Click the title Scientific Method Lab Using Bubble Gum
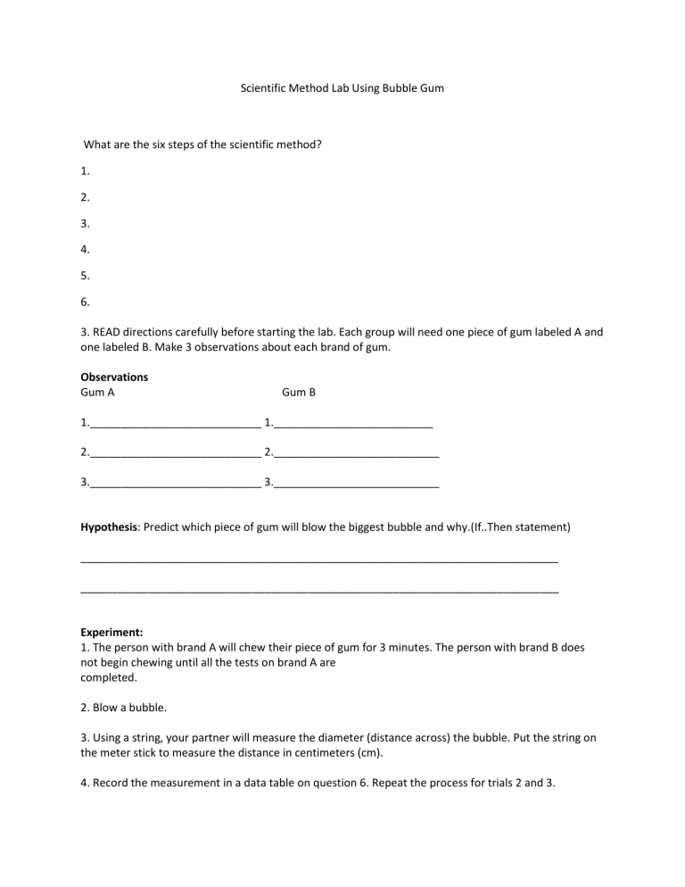342,89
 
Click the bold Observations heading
114,377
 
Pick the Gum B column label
299,392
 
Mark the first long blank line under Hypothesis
319,561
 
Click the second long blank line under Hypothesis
319,593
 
